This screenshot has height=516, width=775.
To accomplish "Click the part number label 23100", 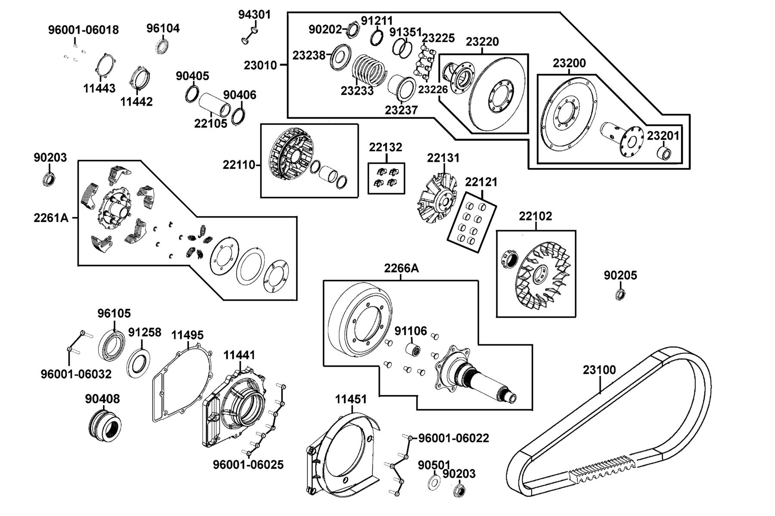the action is point(599,370).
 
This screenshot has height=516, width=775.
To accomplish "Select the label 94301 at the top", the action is point(254,15).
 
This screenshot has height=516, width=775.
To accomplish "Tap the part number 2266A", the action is point(401,268).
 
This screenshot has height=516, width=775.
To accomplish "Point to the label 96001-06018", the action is point(84,30).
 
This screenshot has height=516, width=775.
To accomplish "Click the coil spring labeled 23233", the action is point(369,70).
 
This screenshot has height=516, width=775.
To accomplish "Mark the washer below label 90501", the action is point(434,482).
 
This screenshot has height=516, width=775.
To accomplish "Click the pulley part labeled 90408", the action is point(105,424).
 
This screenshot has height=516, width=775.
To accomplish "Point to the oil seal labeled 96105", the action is point(113,345).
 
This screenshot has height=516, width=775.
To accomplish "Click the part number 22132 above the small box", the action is point(385,147).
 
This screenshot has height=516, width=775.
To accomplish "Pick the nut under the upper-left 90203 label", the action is point(49,178).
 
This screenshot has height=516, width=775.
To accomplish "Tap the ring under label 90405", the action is point(192,94).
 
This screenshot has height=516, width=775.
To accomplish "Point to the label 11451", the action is point(351,399).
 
